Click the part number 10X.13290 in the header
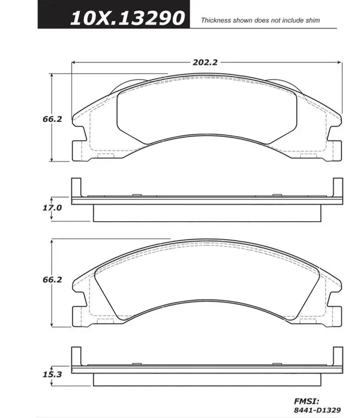tap(127, 18)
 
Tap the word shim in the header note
tap(313, 20)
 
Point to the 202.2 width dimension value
tap(205, 62)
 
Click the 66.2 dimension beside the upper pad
tap(52, 119)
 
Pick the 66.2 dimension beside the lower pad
tap(52, 280)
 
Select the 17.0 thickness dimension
tap(52, 208)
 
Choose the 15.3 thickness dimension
tap(52, 375)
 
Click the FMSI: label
tap(306, 402)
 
